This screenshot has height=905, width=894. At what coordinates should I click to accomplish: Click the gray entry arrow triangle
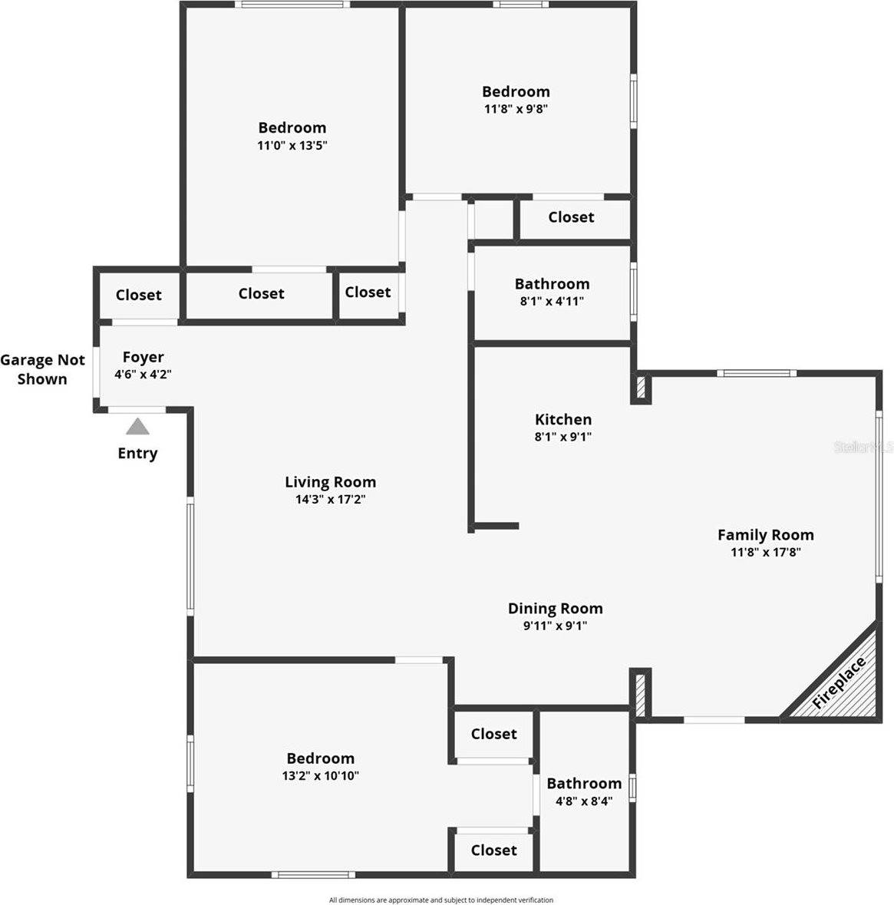[137, 427]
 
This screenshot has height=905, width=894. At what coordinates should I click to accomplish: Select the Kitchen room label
[563, 419]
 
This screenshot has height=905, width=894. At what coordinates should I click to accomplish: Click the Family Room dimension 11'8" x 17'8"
[765, 552]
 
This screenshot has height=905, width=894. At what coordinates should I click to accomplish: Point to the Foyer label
[144, 357]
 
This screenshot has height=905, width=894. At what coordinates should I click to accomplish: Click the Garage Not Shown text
[43, 369]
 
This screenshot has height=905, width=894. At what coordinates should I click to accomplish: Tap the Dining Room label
[555, 608]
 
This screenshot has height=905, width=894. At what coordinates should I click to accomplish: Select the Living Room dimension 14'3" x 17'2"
[330, 500]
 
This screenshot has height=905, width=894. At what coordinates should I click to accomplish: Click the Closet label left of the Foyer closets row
[139, 295]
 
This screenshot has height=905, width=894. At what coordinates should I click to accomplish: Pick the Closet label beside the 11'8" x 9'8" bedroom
[571, 217]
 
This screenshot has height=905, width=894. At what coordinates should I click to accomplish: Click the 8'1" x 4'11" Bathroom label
[552, 284]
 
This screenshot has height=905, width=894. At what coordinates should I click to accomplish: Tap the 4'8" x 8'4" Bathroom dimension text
[584, 801]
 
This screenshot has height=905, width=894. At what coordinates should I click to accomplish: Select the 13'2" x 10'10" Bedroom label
[320, 758]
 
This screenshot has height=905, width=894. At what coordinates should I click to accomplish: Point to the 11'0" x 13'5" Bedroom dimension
[292, 145]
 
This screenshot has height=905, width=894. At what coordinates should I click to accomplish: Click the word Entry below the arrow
[137, 453]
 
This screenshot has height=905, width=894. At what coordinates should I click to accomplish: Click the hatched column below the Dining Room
[639, 692]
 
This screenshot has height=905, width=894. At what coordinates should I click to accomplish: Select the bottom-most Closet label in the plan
[493, 850]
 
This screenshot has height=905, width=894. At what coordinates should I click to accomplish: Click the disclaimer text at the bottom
[441, 900]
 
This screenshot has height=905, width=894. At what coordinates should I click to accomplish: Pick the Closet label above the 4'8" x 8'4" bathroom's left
[493, 734]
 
